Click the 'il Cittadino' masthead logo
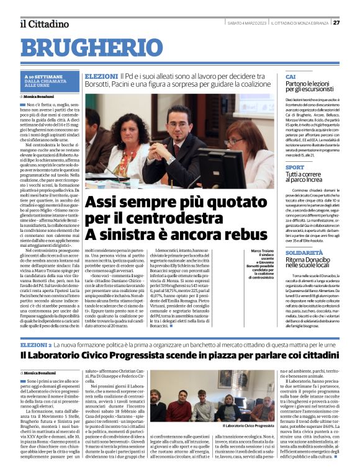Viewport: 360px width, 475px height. click(43, 24)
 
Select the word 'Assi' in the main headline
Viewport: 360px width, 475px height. click(103, 202)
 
